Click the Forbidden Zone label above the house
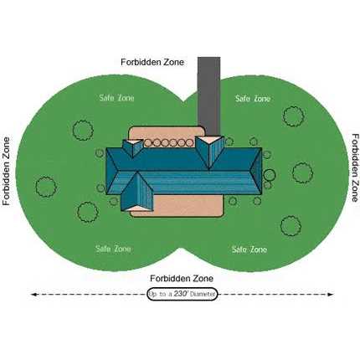click(x=152, y=62)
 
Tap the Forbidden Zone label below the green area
click(x=182, y=278)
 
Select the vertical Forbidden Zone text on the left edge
click(x=6, y=172)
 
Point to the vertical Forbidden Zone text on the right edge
click(x=355, y=167)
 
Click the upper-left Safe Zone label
click(x=116, y=98)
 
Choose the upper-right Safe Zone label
click(x=253, y=98)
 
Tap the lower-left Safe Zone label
click(x=113, y=249)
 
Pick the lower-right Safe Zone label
click(x=249, y=249)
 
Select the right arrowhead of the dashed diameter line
click(x=331, y=294)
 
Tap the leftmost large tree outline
click(x=46, y=187)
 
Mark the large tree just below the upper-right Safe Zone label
click(x=294, y=116)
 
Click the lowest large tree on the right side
click(x=291, y=225)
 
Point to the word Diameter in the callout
click(x=203, y=294)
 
